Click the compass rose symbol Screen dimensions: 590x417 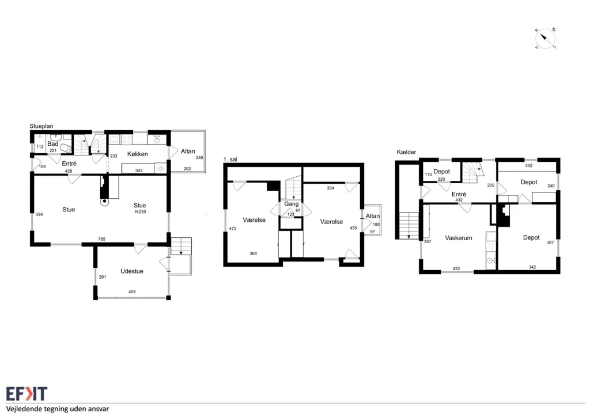545,39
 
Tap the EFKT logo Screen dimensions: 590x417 27,394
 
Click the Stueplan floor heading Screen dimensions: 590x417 41,126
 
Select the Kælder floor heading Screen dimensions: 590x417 406,152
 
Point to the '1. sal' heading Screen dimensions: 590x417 230,160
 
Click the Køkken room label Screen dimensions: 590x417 137,154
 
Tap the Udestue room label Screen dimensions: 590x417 132,271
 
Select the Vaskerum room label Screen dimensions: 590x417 458,238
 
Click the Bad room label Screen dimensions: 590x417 52,144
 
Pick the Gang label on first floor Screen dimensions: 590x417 291,204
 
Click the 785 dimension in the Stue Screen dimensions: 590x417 101,239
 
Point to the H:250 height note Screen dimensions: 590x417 140,212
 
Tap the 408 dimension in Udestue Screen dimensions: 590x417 132,291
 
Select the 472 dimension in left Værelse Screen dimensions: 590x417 233,229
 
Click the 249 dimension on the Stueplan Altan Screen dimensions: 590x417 199,158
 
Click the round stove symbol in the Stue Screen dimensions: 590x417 104,202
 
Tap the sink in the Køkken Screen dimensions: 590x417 157,140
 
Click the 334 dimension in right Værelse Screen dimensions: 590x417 330,188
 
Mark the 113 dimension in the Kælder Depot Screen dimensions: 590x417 428,175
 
